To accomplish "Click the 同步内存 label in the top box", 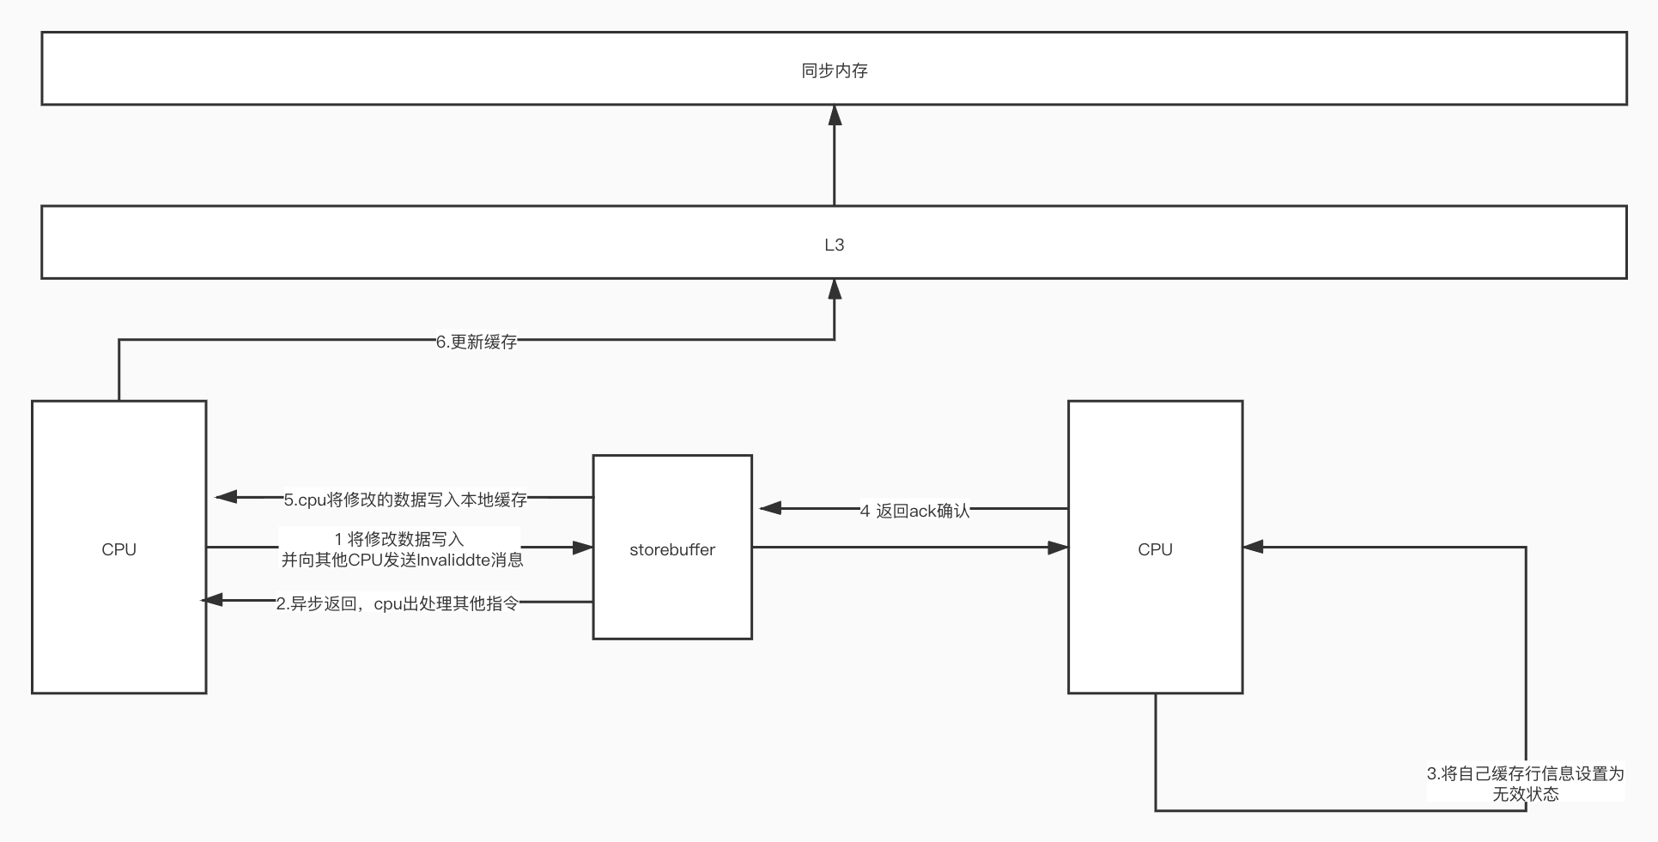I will point(834,70).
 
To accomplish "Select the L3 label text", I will point(834,245).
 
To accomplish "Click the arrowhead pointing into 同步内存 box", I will point(834,116).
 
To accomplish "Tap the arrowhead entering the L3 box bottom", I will point(834,289).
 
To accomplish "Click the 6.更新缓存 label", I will point(477,342).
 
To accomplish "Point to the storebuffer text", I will point(672,549).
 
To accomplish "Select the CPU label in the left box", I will point(118,549).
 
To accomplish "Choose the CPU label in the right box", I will point(1155,549).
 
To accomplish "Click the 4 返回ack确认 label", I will point(915,511).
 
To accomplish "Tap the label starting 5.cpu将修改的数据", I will point(405,500).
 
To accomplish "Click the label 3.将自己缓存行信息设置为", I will point(1525,773).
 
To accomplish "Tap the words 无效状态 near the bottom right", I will point(1525,794).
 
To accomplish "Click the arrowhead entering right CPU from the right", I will point(1254,547).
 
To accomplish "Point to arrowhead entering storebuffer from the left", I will point(582,547).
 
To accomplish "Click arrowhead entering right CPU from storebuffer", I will point(1058,547).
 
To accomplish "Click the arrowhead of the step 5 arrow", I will point(226,496).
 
